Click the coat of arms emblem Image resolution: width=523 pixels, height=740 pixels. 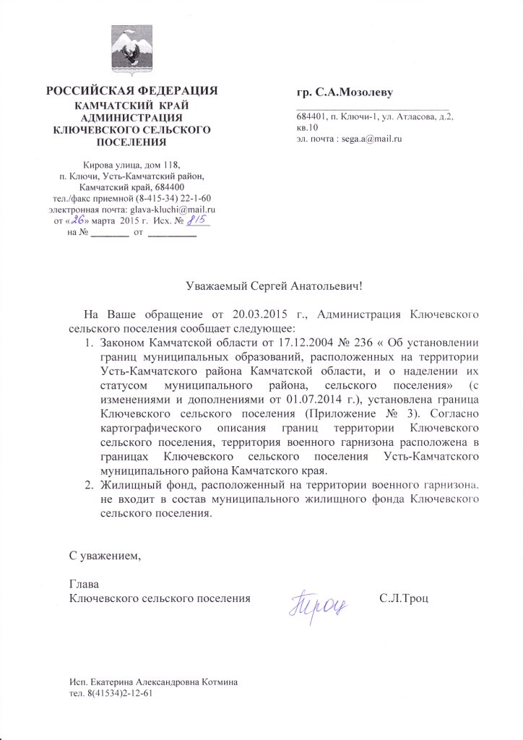pyautogui.click(x=131, y=51)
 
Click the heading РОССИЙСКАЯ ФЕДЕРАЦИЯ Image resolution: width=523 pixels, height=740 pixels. pyautogui.click(x=131, y=91)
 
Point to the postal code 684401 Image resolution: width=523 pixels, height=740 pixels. pyautogui.click(x=309, y=116)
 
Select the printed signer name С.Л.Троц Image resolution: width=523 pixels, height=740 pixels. pyautogui.click(x=403, y=598)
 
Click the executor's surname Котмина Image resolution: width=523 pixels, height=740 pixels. pyautogui.click(x=217, y=682)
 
